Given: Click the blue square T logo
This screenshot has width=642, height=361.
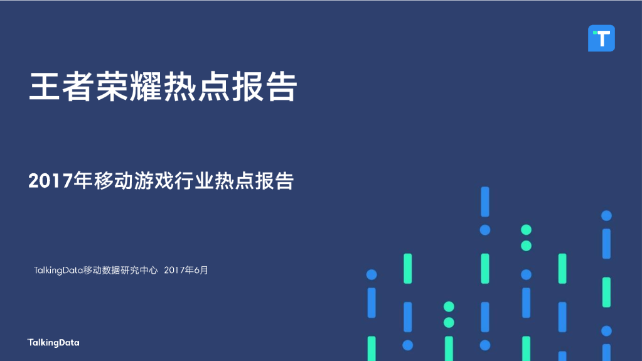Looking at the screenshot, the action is coord(601,38).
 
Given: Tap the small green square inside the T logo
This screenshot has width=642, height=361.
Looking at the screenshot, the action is coord(594,33).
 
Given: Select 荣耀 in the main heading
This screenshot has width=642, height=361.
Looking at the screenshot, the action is coord(128,87).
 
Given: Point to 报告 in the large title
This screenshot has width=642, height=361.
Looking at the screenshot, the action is coord(264,87).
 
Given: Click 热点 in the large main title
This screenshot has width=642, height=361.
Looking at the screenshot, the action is coord(196,87).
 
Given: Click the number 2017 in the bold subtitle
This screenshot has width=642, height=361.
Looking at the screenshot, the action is coord(51,181).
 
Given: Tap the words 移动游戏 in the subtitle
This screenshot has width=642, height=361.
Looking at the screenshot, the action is coord(134,181).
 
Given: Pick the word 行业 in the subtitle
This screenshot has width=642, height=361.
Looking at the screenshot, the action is coord(194,181).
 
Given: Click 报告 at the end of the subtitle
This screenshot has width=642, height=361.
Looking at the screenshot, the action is coord(274,181).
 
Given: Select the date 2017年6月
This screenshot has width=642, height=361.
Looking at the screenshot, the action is coord(186,270).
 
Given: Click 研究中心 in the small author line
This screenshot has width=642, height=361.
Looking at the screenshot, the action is coord(138,270).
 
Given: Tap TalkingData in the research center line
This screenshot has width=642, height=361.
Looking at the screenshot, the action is coord(58,270).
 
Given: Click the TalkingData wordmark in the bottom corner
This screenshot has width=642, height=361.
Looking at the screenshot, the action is coord(53,343).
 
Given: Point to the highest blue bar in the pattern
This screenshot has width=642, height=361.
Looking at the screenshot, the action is coord(484,202).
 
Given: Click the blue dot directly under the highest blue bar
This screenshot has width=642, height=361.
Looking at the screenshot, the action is coord(484,230).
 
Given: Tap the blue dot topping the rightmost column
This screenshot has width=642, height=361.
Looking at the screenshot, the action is coord(606,215).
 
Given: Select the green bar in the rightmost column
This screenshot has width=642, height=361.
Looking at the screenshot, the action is coord(606,292).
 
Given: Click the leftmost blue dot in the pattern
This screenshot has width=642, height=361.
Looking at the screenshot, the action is coord(372,274).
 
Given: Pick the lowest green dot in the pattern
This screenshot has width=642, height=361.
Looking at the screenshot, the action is coord(449,323).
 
